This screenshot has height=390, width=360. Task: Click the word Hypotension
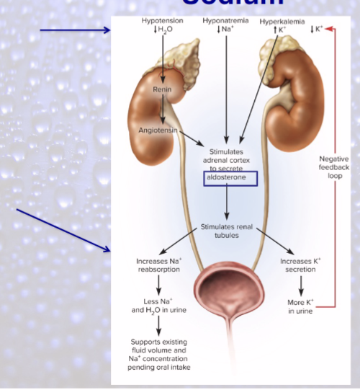point(163,21)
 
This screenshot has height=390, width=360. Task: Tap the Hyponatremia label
point(227,21)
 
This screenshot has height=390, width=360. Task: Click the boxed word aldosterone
point(227,177)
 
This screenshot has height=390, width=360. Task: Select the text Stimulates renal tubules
point(227,230)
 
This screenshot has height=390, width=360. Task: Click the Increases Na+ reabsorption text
point(158,265)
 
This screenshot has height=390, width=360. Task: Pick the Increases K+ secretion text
point(300,265)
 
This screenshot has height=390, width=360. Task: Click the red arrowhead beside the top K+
point(329,29)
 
